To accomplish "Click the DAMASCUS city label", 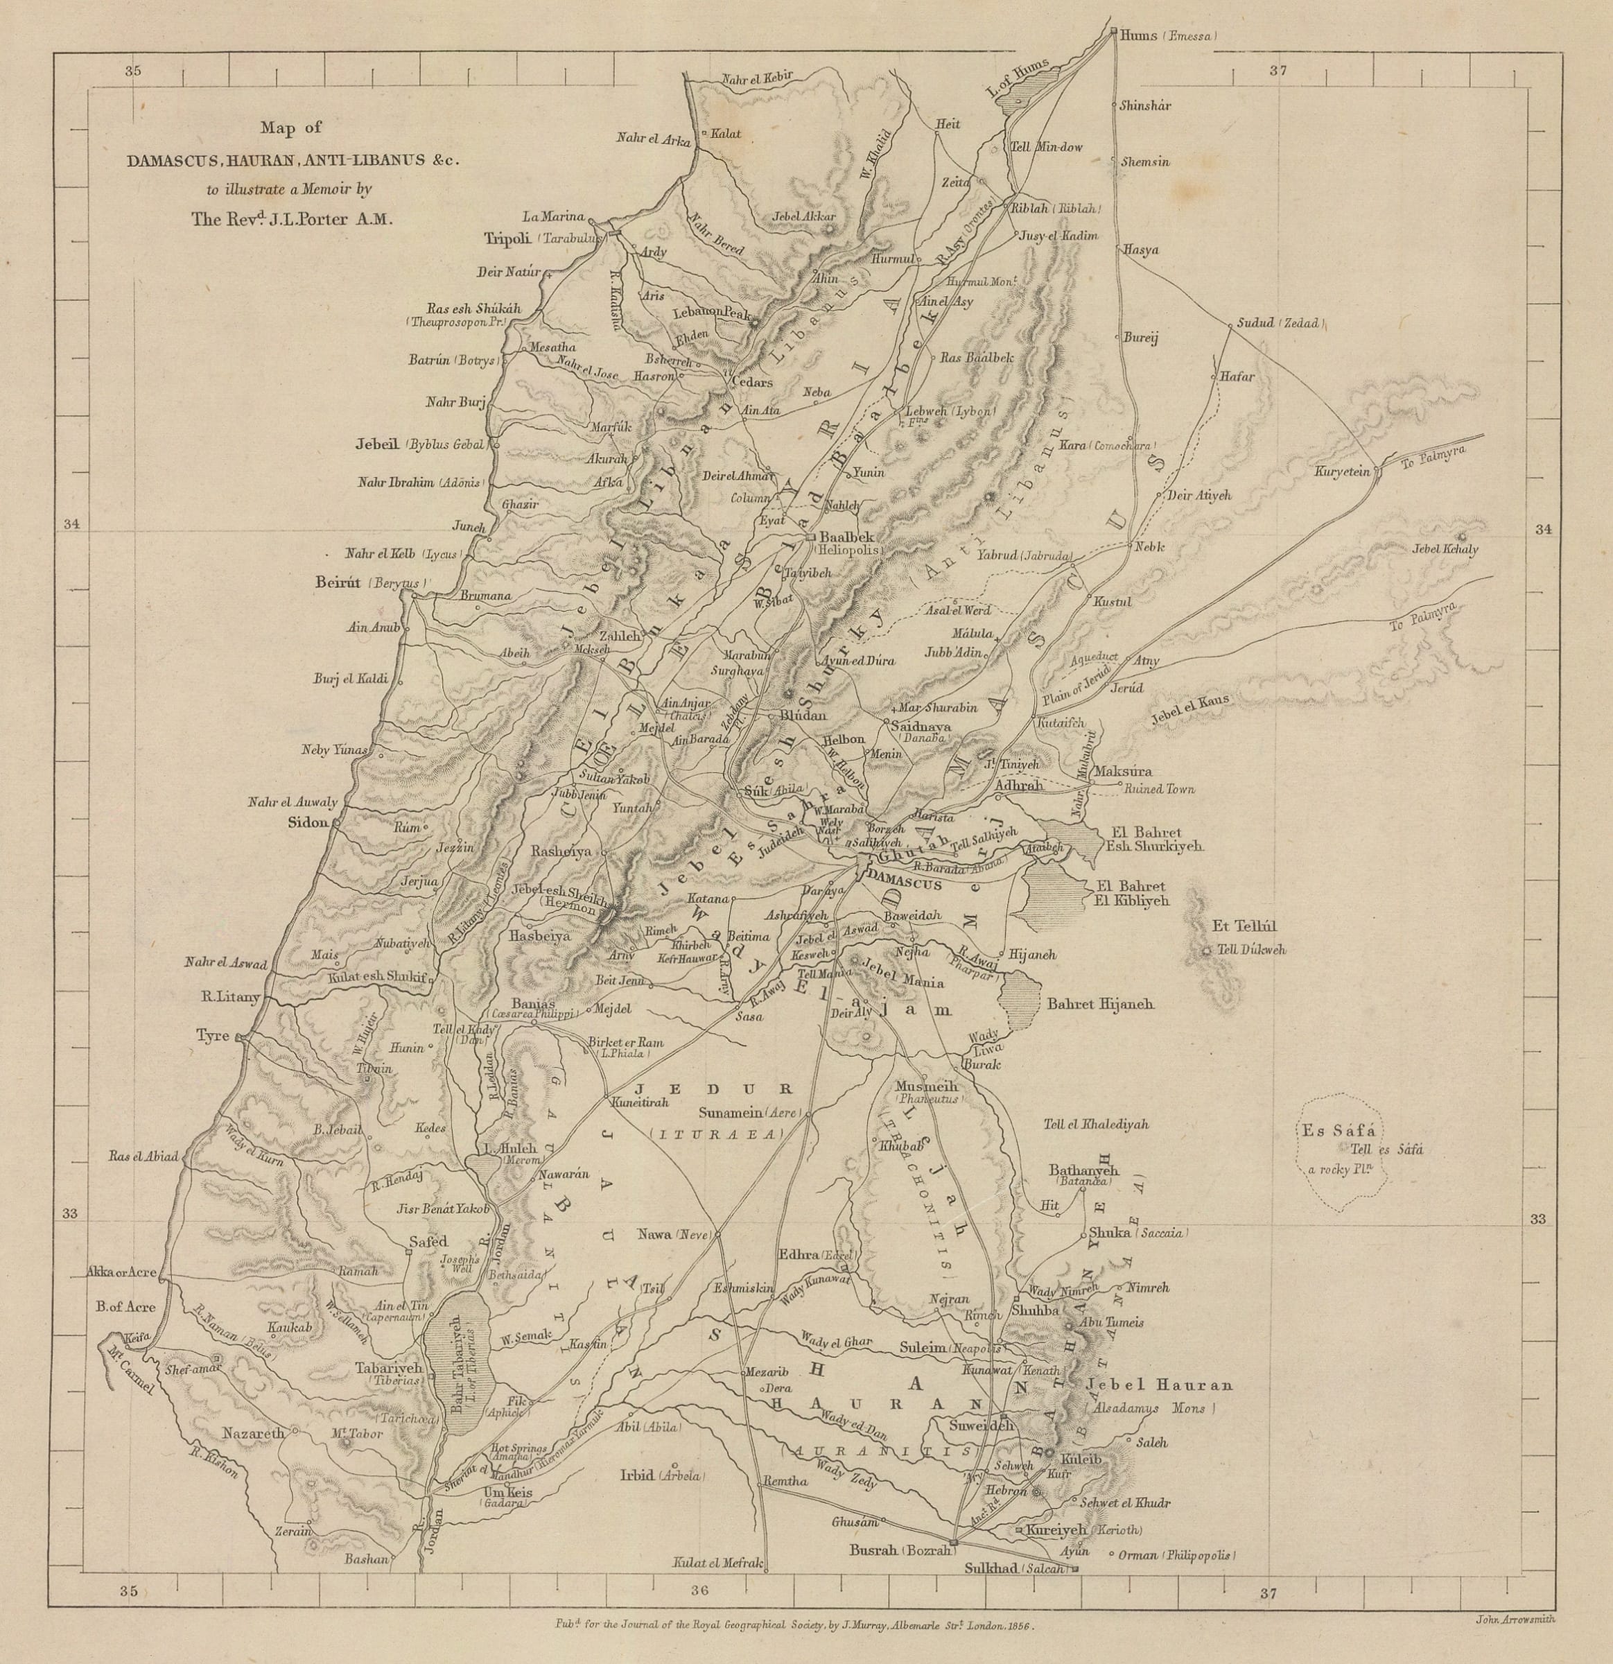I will click(x=906, y=885).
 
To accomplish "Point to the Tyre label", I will click(x=212, y=1035).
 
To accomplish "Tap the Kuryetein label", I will click(x=1342, y=471).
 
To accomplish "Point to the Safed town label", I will click(x=427, y=1241).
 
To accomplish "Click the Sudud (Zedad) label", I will click(x=1278, y=324).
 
